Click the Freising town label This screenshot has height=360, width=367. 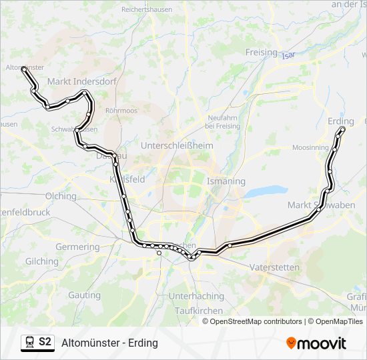(x=261, y=52)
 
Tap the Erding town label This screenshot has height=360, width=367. (x=341, y=121)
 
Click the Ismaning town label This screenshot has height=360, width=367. (x=226, y=181)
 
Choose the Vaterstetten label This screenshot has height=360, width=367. (x=274, y=267)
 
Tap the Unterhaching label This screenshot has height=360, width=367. (x=196, y=295)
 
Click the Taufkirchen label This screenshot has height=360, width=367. (x=198, y=311)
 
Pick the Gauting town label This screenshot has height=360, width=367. (x=84, y=295)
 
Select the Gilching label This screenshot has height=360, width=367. (x=42, y=262)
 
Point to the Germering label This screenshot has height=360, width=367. (x=77, y=247)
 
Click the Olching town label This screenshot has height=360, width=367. (x=61, y=196)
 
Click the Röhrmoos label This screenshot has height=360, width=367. (x=121, y=111)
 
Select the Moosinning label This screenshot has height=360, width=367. (x=310, y=147)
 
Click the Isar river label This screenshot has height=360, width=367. (x=288, y=55)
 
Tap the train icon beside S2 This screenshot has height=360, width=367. (x=29, y=343)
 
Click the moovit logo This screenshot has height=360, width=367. (x=316, y=343)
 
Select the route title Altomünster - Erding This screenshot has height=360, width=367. (x=109, y=343)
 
